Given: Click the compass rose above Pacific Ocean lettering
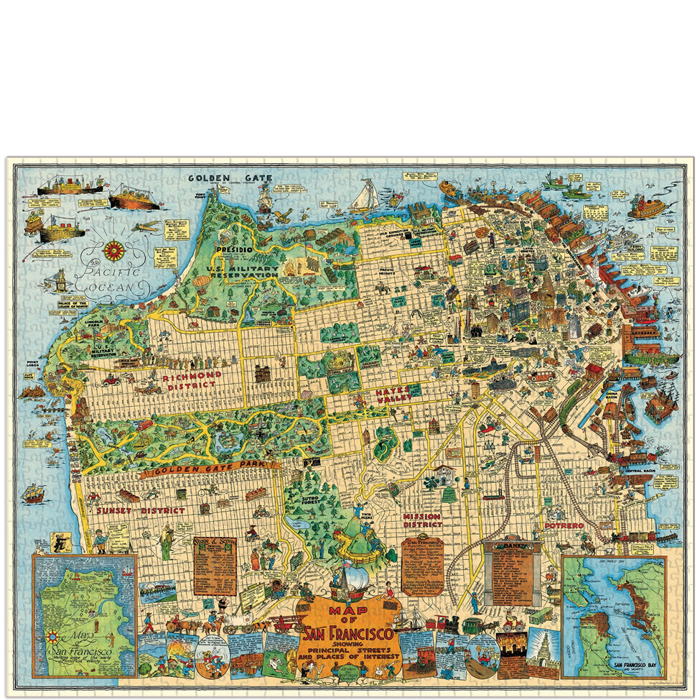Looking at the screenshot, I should [x=113, y=251].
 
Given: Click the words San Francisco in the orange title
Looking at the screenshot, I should [x=348, y=635].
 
